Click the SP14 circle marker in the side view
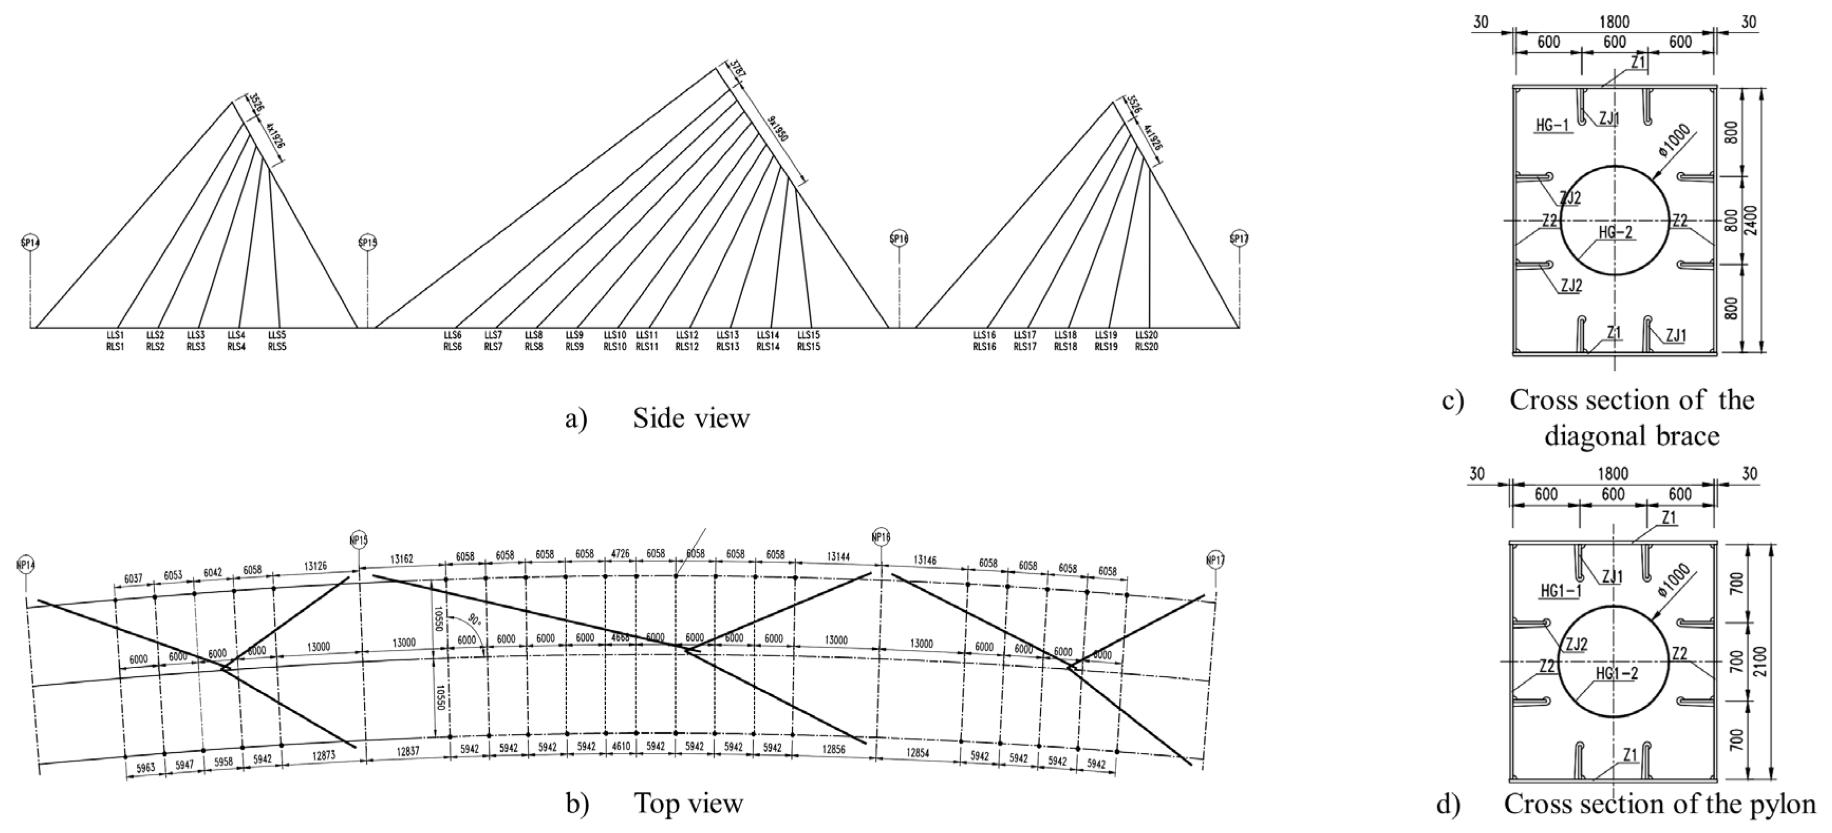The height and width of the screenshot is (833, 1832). [x=31, y=242]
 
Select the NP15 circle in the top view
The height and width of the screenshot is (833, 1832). [x=359, y=540]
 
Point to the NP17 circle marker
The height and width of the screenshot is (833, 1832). [x=1216, y=561]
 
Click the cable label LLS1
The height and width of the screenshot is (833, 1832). [x=115, y=335]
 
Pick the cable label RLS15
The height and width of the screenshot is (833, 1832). [x=809, y=347]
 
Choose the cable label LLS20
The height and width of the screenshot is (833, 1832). [x=1146, y=335]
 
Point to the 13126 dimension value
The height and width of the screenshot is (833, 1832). [x=315, y=566]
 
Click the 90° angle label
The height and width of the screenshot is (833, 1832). [x=474, y=618]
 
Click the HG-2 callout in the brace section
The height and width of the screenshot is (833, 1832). [x=1616, y=232]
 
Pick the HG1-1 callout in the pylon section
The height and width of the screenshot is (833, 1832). [x=1555, y=590]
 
